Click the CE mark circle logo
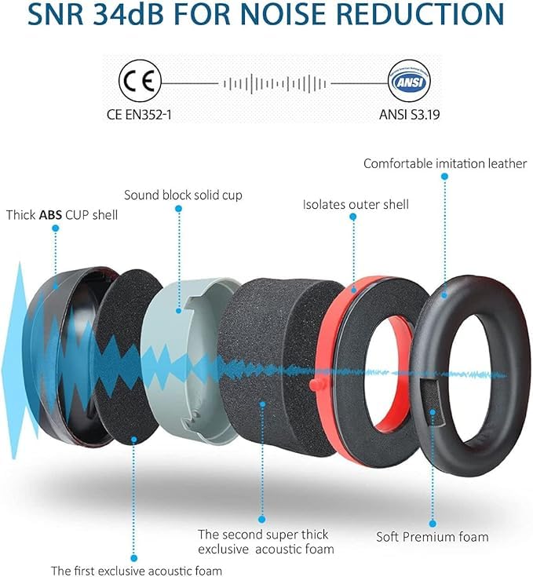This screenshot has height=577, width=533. tap(140, 81)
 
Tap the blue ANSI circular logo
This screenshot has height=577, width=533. tap(409, 81)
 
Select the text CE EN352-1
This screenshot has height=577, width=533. tap(139, 115)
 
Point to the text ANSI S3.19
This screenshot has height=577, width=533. tap(410, 115)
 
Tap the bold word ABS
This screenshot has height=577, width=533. tap(50, 215)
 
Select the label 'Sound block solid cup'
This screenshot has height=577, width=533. tap(183, 195)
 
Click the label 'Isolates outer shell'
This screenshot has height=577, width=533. tap(356, 205)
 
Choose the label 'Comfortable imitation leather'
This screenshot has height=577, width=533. tap(445, 163)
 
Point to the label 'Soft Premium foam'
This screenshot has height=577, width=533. tap(433, 537)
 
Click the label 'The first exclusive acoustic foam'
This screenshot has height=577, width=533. tap(137, 571)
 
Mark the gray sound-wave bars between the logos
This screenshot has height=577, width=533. tap(275, 84)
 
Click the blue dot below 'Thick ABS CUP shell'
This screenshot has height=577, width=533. tap(56, 228)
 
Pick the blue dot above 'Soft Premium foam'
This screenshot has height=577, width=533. tap(433, 524)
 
